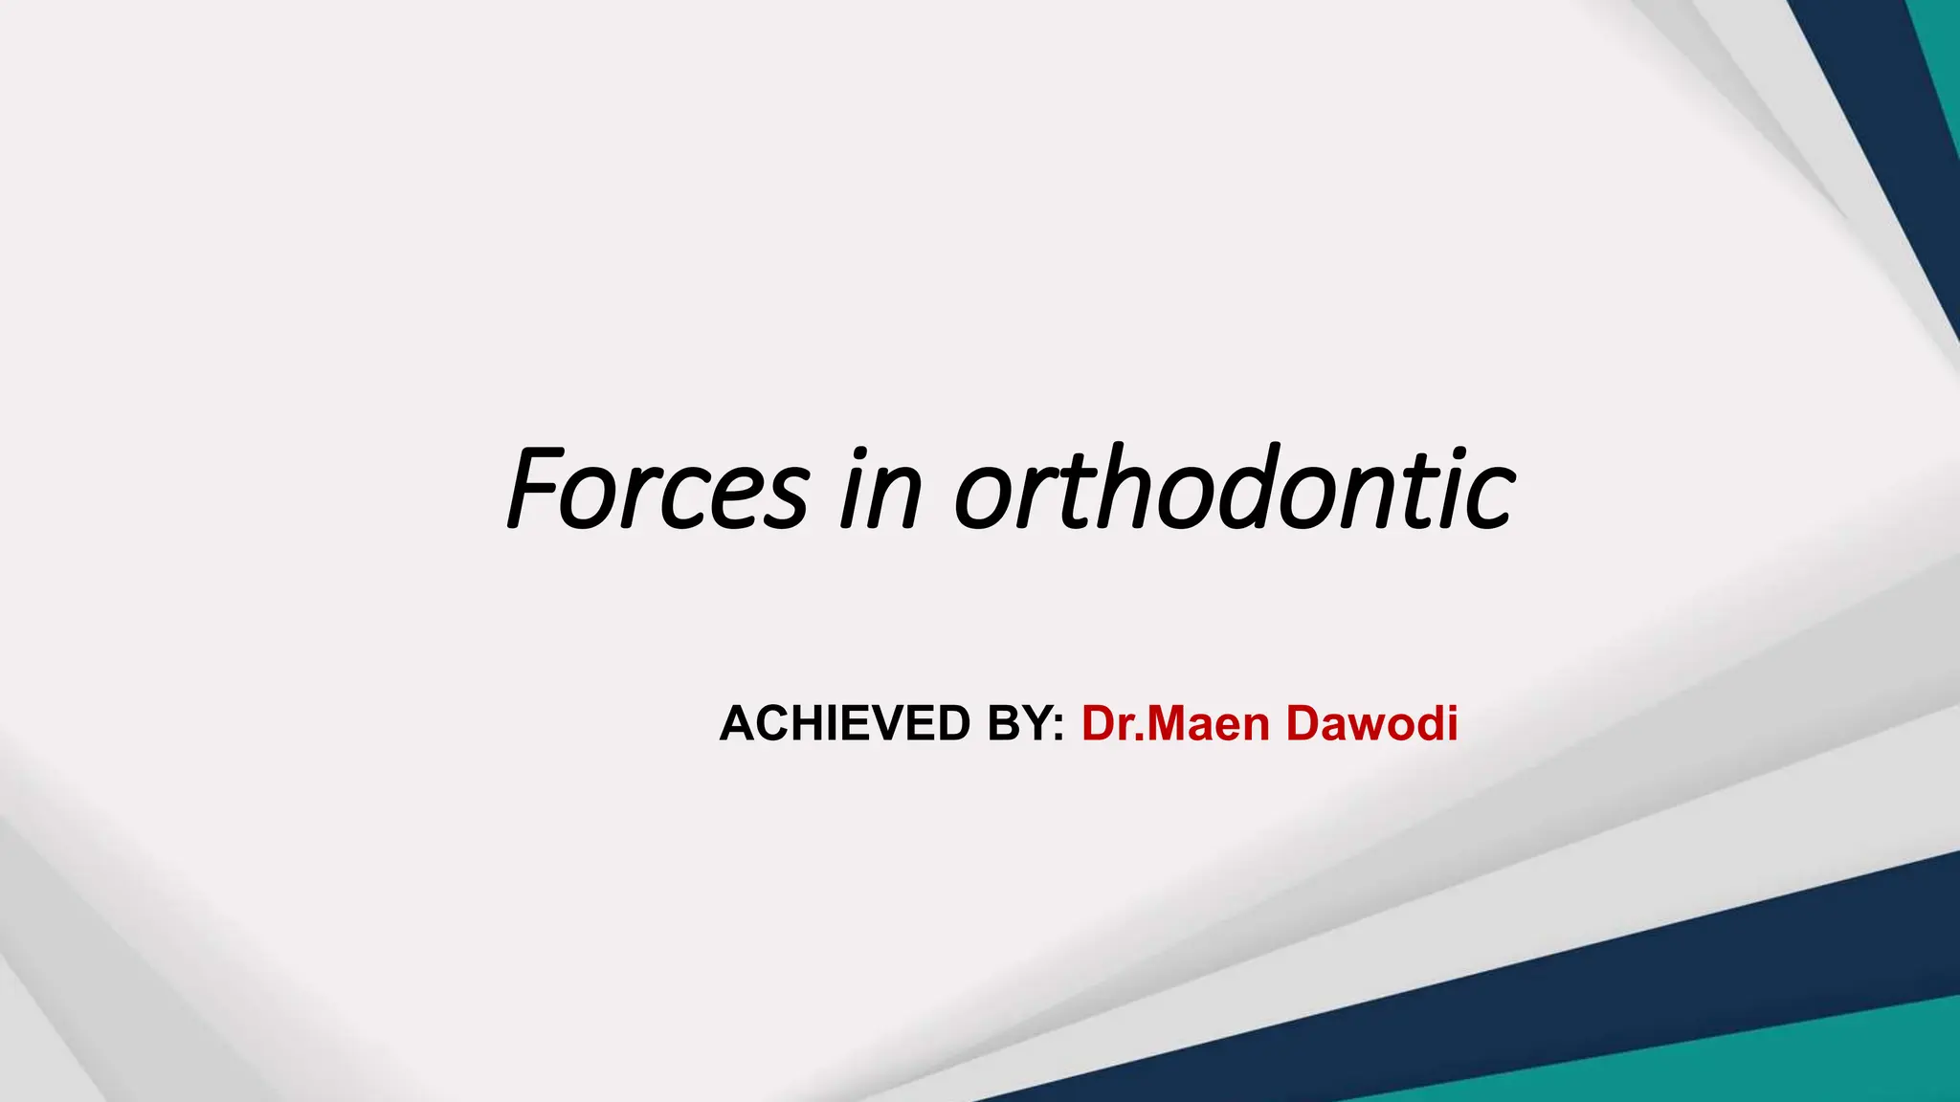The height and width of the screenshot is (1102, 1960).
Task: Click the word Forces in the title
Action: (x=659, y=489)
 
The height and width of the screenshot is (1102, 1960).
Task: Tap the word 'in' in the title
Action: (x=880, y=491)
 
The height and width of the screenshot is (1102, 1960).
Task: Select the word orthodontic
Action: (x=1235, y=489)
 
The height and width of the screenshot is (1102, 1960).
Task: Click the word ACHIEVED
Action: (x=845, y=723)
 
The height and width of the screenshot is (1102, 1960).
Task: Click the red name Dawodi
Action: (x=1371, y=723)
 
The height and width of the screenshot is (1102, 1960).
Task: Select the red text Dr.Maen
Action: (x=1176, y=723)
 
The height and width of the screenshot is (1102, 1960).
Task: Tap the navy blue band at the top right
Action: (x=1876, y=115)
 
